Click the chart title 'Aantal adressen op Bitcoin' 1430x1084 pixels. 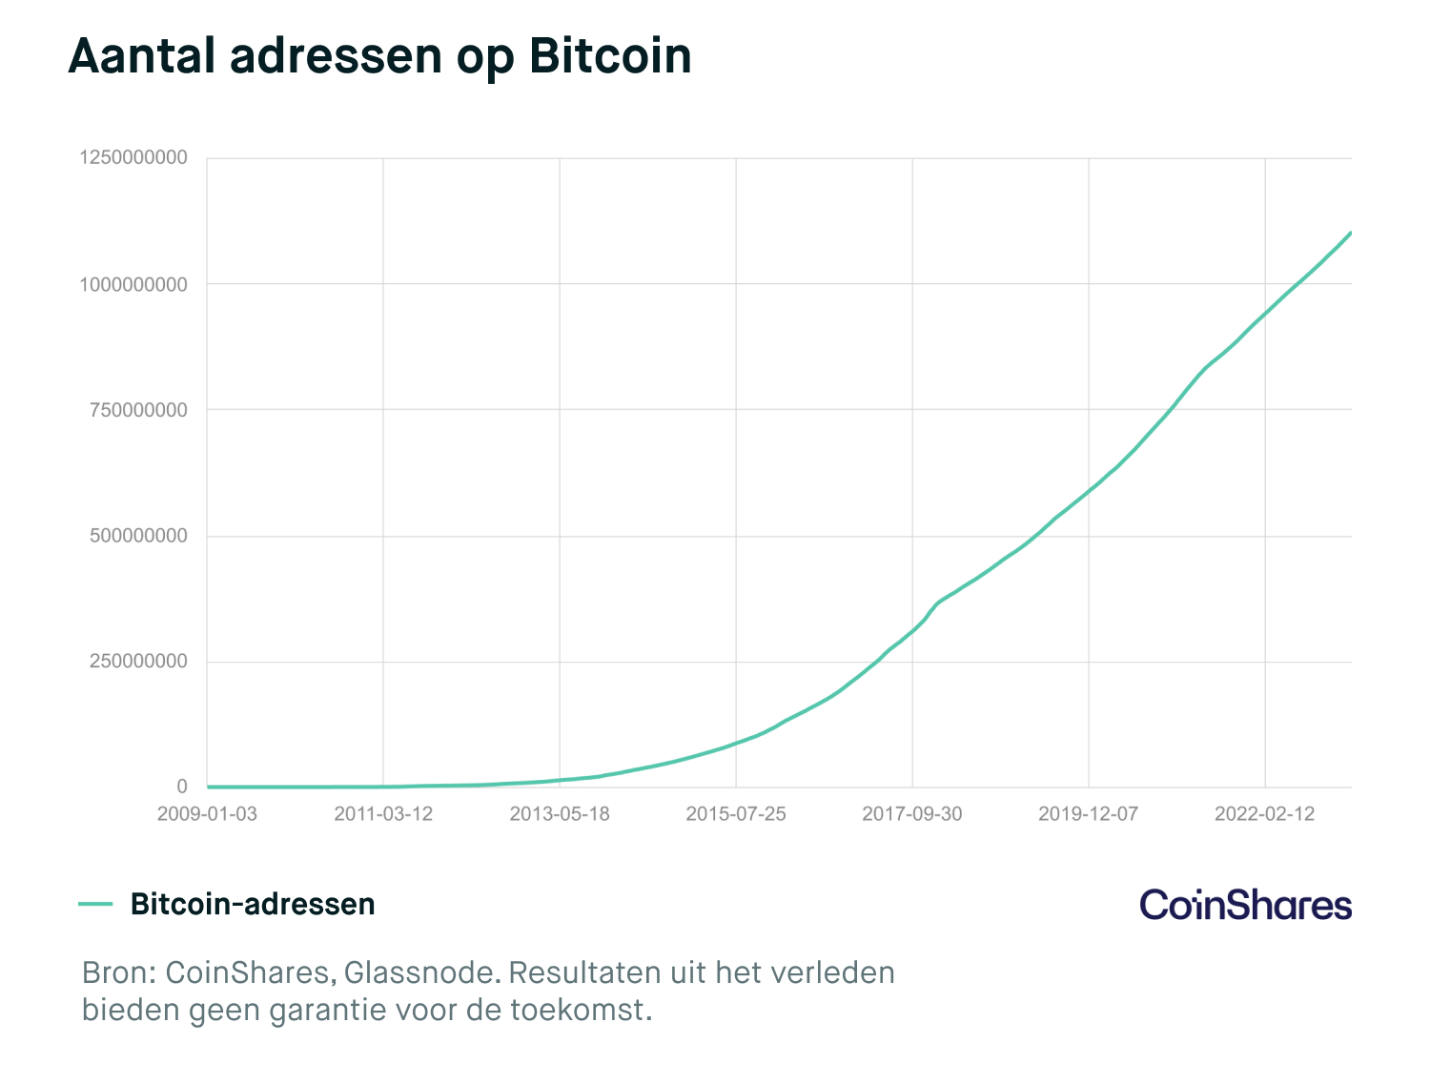click(x=379, y=57)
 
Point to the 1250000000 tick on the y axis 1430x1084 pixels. click(x=133, y=158)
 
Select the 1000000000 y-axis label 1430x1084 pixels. click(x=133, y=284)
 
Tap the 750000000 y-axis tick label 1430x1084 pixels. click(x=138, y=410)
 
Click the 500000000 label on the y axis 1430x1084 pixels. click(x=138, y=536)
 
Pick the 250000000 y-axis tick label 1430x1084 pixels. click(x=138, y=662)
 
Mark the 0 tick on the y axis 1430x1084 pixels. click(x=181, y=787)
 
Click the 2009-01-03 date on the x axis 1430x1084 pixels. click(x=207, y=814)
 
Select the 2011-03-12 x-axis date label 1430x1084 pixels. click(x=383, y=814)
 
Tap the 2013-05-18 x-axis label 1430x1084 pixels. click(x=560, y=814)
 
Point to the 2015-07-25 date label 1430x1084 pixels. click(x=736, y=814)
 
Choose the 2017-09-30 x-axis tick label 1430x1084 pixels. click(x=912, y=814)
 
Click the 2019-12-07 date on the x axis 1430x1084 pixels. click(x=1088, y=814)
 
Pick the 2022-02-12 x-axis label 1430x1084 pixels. click(x=1264, y=814)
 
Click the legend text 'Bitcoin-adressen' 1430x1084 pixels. click(x=253, y=904)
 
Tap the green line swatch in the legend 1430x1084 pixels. click(x=95, y=904)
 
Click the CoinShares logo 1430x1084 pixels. click(x=1245, y=905)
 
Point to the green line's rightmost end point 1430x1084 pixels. click(x=1351, y=233)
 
